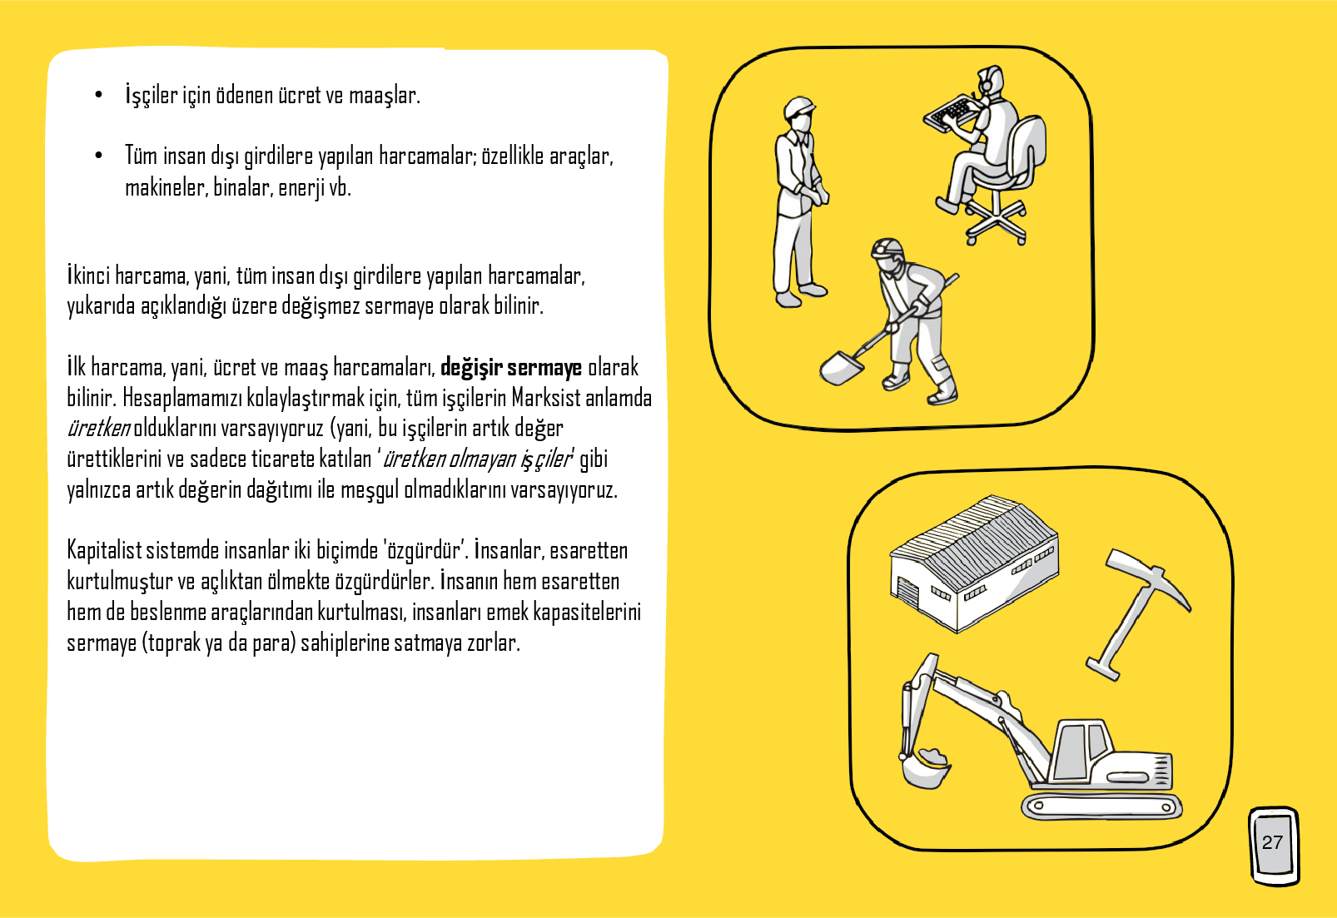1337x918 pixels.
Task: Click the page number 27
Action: click(x=1272, y=842)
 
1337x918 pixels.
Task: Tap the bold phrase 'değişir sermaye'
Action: click(x=511, y=368)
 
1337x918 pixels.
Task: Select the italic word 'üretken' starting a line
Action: click(x=98, y=429)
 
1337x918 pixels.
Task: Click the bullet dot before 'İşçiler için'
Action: click(x=98, y=95)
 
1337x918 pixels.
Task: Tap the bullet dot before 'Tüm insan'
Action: click(x=98, y=156)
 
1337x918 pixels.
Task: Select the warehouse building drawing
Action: click(x=974, y=563)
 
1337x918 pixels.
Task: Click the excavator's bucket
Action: click(x=925, y=769)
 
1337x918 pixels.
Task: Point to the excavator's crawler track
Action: click(x=1102, y=806)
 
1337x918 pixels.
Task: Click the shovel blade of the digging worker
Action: click(x=842, y=368)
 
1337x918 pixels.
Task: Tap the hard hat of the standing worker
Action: click(x=798, y=107)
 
